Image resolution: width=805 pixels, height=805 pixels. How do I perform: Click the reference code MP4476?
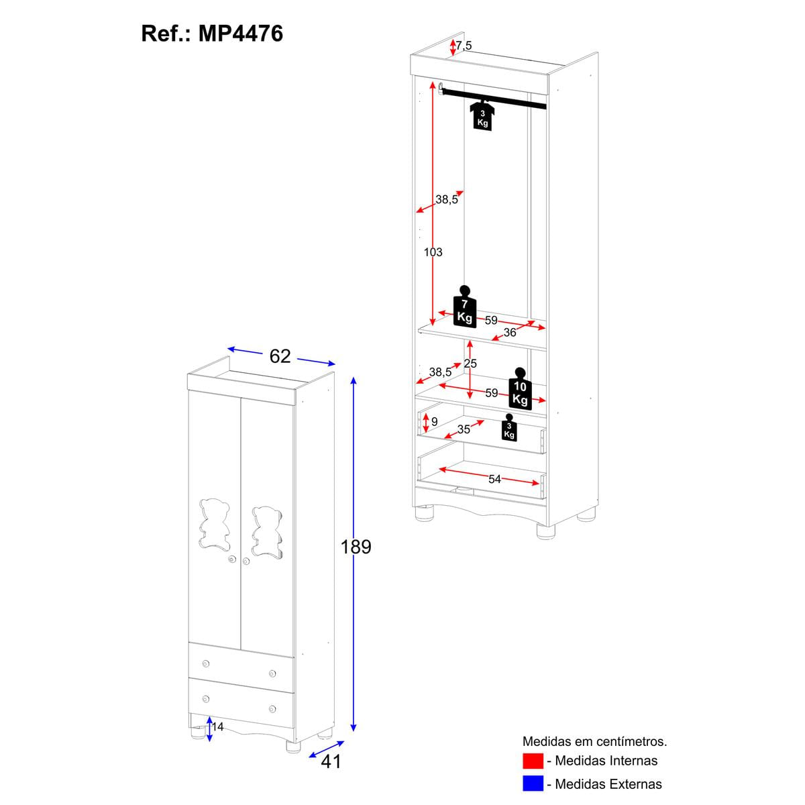click(x=241, y=33)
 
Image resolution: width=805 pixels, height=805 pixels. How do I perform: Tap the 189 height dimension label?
click(x=356, y=547)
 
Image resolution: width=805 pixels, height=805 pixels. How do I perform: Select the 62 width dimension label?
click(x=280, y=356)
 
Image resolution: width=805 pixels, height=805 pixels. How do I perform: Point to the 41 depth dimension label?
click(x=331, y=761)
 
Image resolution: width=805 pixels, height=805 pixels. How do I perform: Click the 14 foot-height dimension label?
click(x=217, y=727)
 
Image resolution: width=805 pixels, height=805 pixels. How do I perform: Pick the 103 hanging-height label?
click(x=433, y=252)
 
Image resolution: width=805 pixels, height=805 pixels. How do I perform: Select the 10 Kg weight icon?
click(x=520, y=389)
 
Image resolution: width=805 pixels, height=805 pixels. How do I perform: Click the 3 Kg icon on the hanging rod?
click(x=482, y=116)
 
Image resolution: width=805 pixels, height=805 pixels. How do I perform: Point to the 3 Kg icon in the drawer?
click(x=509, y=428)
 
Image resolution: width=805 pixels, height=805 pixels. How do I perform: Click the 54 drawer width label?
click(x=494, y=478)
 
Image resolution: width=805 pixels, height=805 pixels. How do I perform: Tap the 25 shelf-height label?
click(x=470, y=364)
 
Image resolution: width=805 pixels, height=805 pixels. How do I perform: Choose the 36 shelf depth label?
click(x=510, y=333)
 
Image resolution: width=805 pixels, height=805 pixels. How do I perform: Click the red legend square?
click(x=533, y=761)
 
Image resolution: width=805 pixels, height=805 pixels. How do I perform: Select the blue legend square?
click(x=533, y=784)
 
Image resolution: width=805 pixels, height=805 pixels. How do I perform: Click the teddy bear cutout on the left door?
click(x=215, y=522)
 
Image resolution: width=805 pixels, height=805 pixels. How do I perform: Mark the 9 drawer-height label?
click(x=434, y=421)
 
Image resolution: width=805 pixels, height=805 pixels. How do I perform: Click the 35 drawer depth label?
click(x=464, y=429)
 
